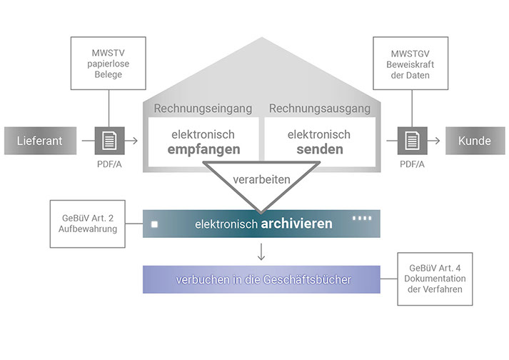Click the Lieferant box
[x=40, y=141]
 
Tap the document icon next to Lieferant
[x=109, y=141]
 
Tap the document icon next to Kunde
[x=412, y=141]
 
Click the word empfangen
[x=204, y=150]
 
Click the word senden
[x=319, y=150]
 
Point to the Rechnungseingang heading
[x=203, y=109]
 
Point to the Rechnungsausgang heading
[x=318, y=109]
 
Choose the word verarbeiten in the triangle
[x=262, y=179]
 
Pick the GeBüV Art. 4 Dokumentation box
[x=434, y=279]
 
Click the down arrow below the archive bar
[x=262, y=251]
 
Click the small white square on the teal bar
[x=154, y=224]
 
